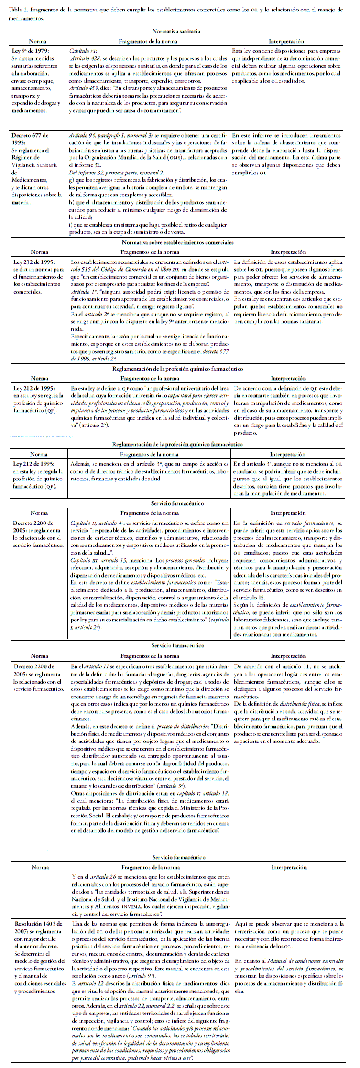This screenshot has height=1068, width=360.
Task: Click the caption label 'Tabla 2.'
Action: [18, 10]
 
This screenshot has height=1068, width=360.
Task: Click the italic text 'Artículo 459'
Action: [84, 88]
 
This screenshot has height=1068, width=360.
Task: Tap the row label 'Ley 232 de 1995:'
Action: [33, 262]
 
